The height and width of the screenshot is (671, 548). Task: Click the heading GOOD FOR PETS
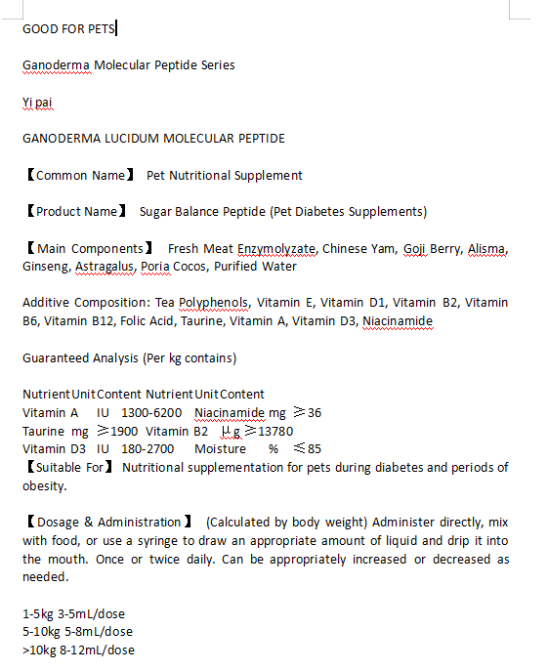pyautogui.click(x=68, y=28)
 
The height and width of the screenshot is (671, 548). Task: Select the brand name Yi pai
pyautogui.click(x=37, y=102)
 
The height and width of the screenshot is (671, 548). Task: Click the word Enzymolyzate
pyautogui.click(x=276, y=249)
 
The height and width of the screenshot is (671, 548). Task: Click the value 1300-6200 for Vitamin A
pyautogui.click(x=150, y=413)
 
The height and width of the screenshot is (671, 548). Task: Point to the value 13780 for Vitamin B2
pyautogui.click(x=275, y=432)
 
